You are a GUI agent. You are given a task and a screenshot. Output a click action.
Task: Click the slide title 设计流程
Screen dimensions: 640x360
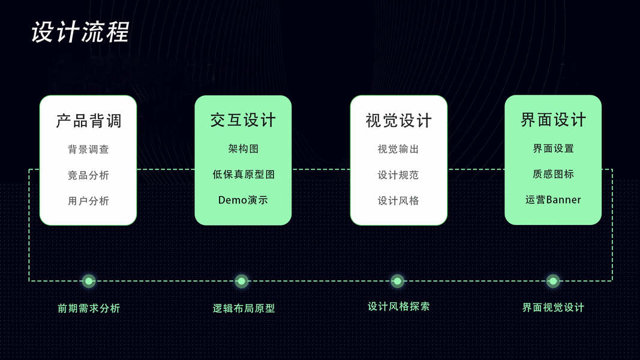coord(80,32)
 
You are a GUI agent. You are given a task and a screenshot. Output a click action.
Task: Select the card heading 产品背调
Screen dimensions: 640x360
coord(88,121)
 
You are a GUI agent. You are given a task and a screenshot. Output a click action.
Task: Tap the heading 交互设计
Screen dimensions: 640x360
coord(243,120)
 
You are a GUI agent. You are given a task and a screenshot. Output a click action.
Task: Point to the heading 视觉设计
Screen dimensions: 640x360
coord(398,121)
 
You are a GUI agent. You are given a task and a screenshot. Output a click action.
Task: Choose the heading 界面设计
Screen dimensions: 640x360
coord(553,119)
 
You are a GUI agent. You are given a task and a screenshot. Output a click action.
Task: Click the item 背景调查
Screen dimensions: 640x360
coord(88,149)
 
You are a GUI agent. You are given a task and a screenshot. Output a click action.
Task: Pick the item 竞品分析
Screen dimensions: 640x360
coord(88,175)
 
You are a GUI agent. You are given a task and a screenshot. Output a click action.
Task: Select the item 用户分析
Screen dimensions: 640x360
coord(88,201)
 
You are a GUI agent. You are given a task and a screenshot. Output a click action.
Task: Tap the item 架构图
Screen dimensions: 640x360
coord(243,149)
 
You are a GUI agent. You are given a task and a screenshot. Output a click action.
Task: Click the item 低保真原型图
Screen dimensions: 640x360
coord(243,175)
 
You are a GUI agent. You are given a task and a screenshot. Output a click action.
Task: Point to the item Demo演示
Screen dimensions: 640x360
coord(243,200)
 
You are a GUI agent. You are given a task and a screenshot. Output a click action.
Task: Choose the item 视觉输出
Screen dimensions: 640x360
coord(398,149)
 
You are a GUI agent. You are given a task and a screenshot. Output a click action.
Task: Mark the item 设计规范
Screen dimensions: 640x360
coord(398,175)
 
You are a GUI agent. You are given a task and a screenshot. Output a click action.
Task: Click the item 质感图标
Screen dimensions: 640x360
coord(553,174)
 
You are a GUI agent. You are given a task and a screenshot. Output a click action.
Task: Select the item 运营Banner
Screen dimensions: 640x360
coord(553,200)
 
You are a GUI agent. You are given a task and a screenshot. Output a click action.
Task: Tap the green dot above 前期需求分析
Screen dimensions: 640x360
coord(89,281)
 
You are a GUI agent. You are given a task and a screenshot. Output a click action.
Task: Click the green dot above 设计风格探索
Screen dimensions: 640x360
coord(397,281)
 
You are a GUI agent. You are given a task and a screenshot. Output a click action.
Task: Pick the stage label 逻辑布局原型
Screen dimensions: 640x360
coord(244,308)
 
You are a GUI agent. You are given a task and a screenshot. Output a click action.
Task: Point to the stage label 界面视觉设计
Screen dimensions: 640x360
coord(553,308)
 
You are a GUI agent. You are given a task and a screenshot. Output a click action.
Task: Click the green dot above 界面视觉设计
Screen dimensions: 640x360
coord(553,281)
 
